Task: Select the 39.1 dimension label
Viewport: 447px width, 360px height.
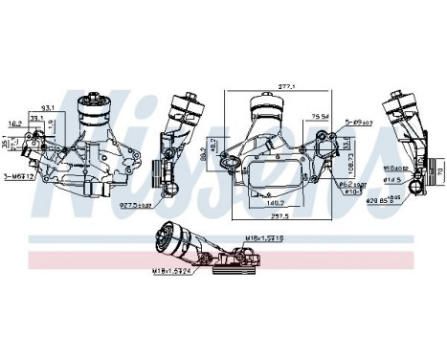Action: pyautogui.click(x=37, y=118)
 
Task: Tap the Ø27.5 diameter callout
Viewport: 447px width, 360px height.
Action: pyautogui.click(x=134, y=204)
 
